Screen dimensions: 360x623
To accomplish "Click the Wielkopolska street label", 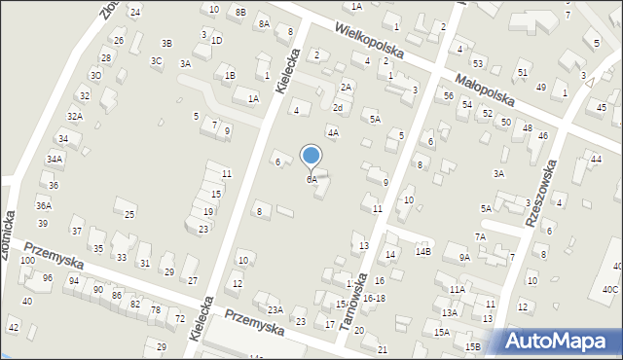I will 374,46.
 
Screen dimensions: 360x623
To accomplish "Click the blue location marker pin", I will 311,156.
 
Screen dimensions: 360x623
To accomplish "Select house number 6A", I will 311,180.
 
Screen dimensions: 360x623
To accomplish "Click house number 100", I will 27,262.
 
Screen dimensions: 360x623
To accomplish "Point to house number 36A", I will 44,205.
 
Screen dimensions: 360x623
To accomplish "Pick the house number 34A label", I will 55,159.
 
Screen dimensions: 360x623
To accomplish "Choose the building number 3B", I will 166,43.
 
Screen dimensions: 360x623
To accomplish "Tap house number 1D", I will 216,40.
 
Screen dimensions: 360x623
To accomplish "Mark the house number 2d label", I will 338,107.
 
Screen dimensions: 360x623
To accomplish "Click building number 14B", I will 422,252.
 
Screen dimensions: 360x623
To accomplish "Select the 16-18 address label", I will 374,299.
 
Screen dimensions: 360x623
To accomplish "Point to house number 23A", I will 275,309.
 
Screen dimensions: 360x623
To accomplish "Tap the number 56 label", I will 448,95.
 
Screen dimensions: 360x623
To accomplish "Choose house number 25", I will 129,213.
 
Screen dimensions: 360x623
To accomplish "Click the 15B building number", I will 472,346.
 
